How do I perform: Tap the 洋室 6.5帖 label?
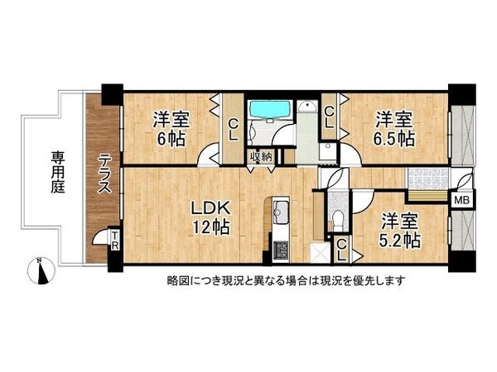pos(393,129)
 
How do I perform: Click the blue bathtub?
pos(268,110)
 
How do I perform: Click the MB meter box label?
pos(461,198)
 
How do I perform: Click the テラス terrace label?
pos(106,174)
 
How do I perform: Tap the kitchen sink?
pos(280,207)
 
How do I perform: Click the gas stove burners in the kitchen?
pos(279,246)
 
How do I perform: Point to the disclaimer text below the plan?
pos(286,279)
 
